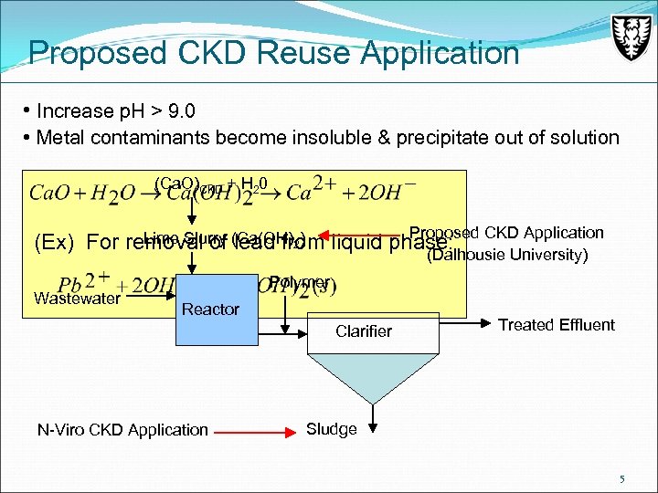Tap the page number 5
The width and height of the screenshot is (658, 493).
[x=621, y=478]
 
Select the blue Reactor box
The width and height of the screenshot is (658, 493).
[x=211, y=310]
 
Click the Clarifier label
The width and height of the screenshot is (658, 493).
[x=363, y=331]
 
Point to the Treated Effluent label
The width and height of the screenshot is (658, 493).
[x=556, y=325]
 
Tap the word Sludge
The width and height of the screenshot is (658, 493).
[x=331, y=429]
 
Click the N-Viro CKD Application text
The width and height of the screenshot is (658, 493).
[x=122, y=430]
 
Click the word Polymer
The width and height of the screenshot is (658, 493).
[x=300, y=283]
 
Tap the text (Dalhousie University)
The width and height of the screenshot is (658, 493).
[x=506, y=255]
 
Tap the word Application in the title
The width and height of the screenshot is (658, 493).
[x=440, y=53]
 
